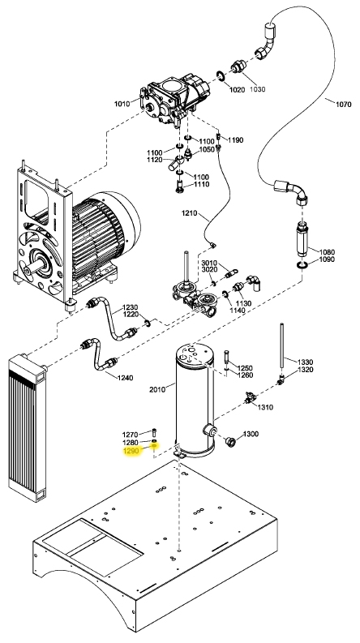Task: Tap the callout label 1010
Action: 122,104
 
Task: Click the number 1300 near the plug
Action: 251,435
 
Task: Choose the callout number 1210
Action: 191,212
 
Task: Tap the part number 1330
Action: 305,362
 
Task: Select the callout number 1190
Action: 235,141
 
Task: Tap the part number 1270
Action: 131,433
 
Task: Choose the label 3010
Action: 209,264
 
